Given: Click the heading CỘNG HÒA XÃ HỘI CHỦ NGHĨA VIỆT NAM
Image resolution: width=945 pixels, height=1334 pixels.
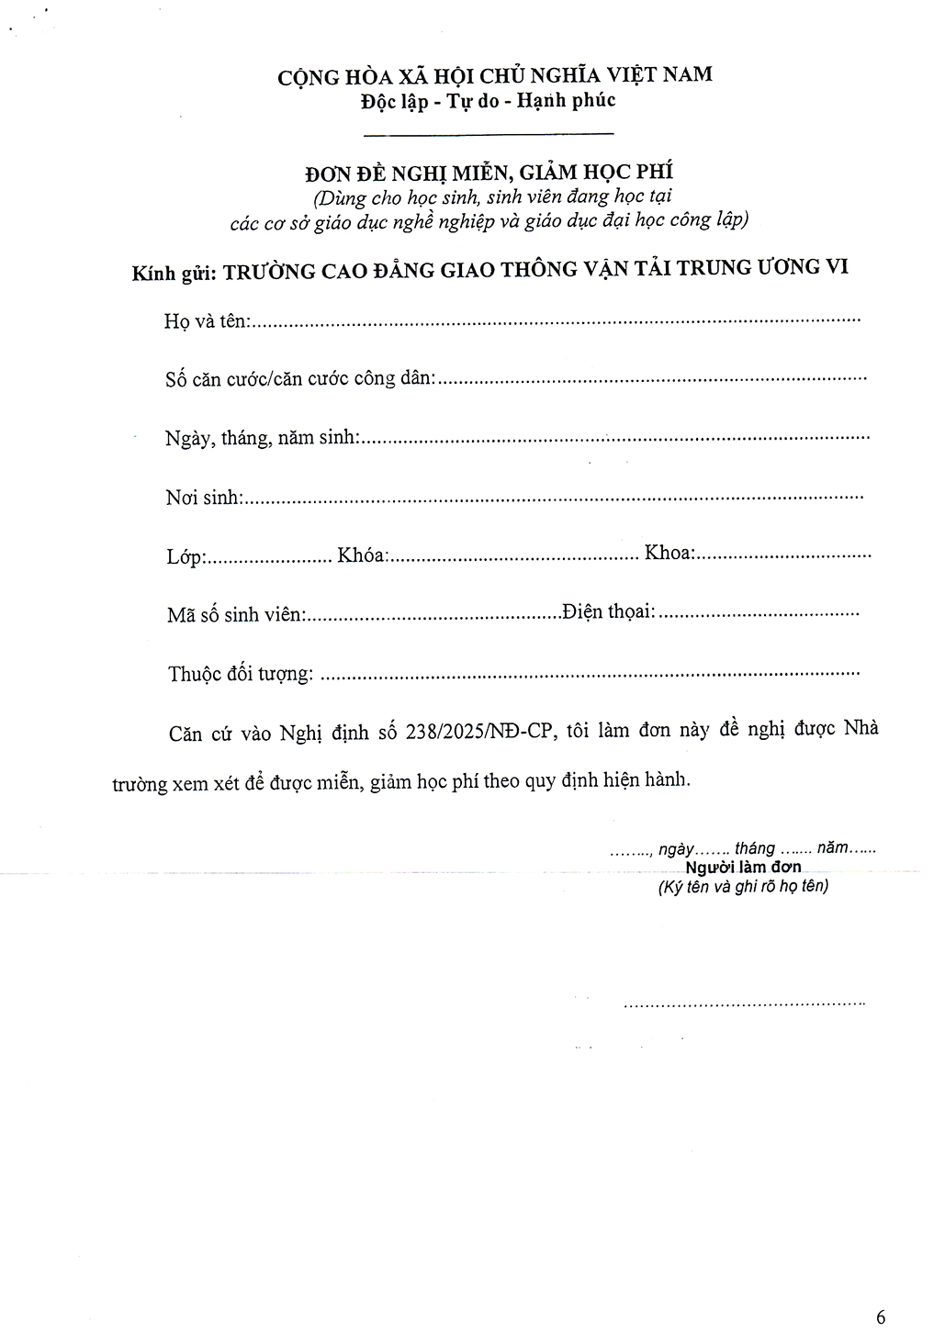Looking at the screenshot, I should tap(494, 75).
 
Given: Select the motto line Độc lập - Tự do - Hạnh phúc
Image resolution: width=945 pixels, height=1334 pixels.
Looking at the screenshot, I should tap(488, 101).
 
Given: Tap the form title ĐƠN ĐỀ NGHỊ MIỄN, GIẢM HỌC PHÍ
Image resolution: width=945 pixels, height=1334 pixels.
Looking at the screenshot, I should tap(489, 172).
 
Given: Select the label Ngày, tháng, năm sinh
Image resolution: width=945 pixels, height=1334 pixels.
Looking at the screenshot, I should tap(263, 438).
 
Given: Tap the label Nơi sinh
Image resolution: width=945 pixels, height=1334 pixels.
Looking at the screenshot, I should tap(204, 498).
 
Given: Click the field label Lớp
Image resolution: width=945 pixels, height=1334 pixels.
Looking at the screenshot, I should tap(186, 556).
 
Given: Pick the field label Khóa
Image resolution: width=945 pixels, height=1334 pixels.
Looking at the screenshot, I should tap(362, 555).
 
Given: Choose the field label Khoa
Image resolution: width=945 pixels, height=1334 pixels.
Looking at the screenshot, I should tap(669, 553).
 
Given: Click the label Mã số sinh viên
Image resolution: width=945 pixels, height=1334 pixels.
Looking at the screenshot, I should tap(235, 614).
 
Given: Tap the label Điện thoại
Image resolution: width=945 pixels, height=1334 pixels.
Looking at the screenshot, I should tap(609, 611).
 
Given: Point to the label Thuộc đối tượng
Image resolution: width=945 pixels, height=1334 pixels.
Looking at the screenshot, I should tap(241, 674).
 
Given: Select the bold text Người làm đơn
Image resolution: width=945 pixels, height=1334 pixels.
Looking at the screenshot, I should tap(743, 867).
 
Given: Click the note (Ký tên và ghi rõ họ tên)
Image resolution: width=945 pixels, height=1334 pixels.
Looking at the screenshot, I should tap(743, 887).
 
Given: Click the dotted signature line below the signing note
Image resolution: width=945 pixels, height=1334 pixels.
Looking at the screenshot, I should tap(744, 1004).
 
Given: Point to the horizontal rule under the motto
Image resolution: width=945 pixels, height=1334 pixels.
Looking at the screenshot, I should tap(489, 135).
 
